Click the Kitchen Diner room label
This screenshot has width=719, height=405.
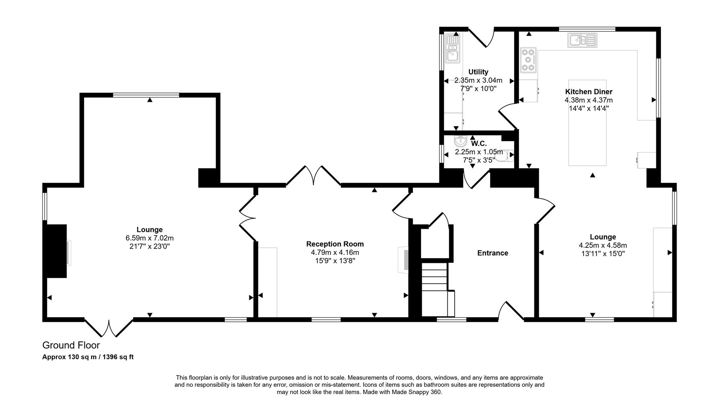coord(588,92)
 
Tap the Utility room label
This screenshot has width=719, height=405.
coord(478,72)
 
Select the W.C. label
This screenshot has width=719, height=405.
coord(479,144)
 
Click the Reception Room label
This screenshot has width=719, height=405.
coord(335,244)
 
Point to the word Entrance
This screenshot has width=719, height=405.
coord(492,253)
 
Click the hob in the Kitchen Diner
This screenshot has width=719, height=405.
coord(528,60)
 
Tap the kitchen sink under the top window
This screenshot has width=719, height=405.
coord(582,40)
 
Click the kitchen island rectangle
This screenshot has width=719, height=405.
coord(587,123)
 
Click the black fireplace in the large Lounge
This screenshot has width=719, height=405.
coord(56,251)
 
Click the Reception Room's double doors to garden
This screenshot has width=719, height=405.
coord(313,176)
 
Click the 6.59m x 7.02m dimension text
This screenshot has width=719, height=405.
coord(149,238)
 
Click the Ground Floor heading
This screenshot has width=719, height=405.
coord(71,345)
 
